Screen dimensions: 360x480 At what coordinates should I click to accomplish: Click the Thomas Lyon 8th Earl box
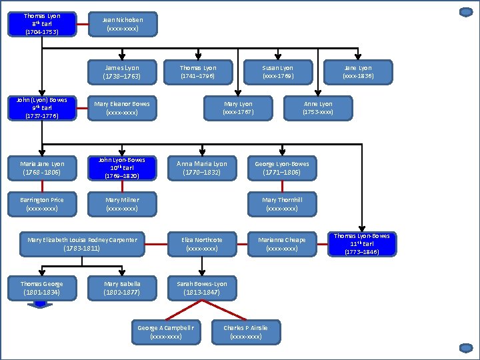coord(41,24)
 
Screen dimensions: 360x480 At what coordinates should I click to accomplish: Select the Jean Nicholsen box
coord(122,24)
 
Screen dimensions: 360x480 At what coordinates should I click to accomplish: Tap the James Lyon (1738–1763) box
coord(122,72)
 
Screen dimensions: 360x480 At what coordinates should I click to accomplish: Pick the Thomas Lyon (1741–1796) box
coord(198,72)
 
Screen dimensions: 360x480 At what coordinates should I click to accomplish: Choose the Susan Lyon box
coord(278,72)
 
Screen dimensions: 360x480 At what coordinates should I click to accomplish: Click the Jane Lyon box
coord(358,72)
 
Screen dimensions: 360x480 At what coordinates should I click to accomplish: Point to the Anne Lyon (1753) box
coord(318,108)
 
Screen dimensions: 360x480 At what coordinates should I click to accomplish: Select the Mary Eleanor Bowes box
coord(122,108)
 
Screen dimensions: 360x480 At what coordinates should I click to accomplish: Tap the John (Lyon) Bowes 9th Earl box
coord(41,108)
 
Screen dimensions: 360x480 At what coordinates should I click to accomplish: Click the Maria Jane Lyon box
coord(41,168)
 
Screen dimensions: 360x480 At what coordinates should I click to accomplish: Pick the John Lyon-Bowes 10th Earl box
coord(122,168)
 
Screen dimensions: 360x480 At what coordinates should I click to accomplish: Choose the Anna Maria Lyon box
coord(202,168)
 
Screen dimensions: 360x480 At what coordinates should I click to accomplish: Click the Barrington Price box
coord(41,204)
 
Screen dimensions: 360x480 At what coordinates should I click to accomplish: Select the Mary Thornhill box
coord(282,204)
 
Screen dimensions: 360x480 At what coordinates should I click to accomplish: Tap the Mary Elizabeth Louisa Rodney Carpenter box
coord(82,244)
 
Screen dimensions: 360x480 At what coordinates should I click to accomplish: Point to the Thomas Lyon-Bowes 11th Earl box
coord(362,244)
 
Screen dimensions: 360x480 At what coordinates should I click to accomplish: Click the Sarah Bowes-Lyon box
coord(202,288)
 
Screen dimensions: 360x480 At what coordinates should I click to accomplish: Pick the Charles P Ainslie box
coord(246,332)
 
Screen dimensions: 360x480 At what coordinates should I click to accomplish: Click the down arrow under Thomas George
coord(41,305)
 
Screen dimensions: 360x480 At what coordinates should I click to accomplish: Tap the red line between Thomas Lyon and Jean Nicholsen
coord(82,24)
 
